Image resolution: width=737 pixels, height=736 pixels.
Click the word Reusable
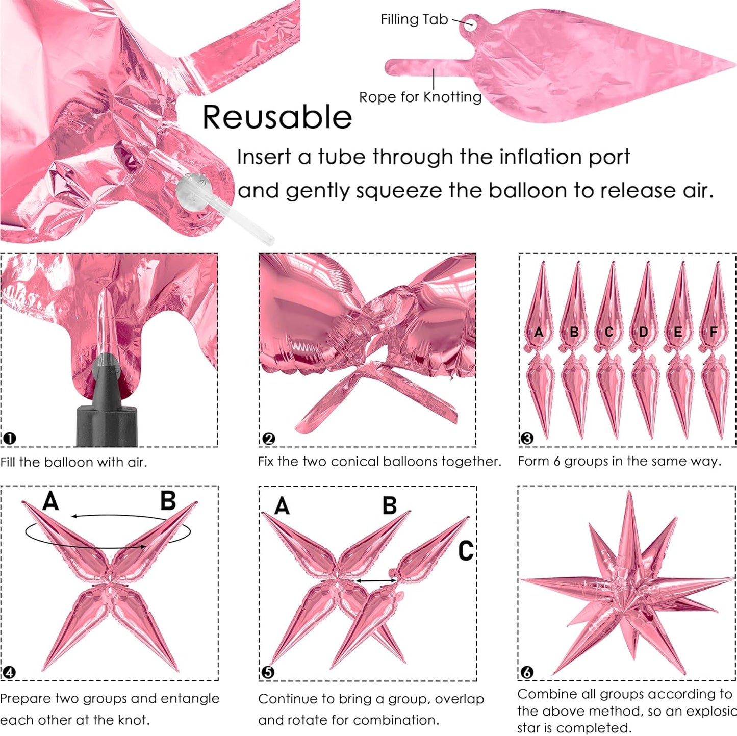pyautogui.click(x=277, y=117)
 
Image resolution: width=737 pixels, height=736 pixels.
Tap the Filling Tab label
pyautogui.click(x=414, y=19)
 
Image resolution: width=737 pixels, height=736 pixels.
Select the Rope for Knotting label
pyautogui.click(x=420, y=97)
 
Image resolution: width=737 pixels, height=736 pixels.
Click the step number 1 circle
pyautogui.click(x=10, y=438)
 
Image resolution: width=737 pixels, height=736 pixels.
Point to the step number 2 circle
pyautogui.click(x=269, y=438)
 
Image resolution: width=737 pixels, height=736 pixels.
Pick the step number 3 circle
pyautogui.click(x=527, y=438)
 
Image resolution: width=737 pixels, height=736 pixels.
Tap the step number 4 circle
pyautogui.click(x=10, y=672)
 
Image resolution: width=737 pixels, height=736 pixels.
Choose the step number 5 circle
pyautogui.click(x=268, y=672)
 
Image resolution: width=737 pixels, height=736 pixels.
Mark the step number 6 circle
pyautogui.click(x=527, y=672)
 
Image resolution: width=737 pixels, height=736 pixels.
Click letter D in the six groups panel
pyautogui.click(x=643, y=332)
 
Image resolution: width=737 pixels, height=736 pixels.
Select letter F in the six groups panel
pyautogui.click(x=713, y=332)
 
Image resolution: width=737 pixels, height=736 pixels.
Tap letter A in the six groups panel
pyautogui.click(x=539, y=332)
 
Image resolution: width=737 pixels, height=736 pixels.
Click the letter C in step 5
pyautogui.click(x=466, y=551)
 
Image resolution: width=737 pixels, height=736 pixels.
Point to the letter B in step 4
pyautogui.click(x=168, y=500)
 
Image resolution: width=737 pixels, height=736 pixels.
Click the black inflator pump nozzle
pyautogui.click(x=107, y=402)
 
